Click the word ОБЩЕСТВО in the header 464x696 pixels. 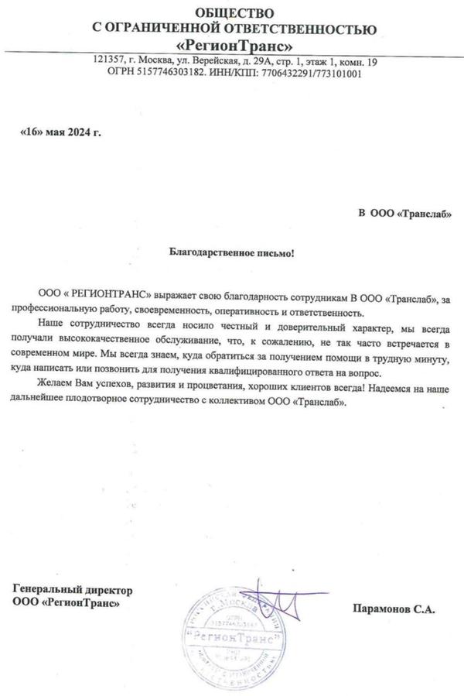pyautogui.click(x=234, y=12)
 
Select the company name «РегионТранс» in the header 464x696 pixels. pyautogui.click(x=234, y=45)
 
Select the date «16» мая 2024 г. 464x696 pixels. pyautogui.click(x=60, y=132)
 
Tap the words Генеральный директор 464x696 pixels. pyautogui.click(x=73, y=589)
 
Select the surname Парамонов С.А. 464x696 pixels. pyautogui.click(x=393, y=609)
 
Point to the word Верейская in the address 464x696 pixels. pyautogui.click(x=203, y=60)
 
